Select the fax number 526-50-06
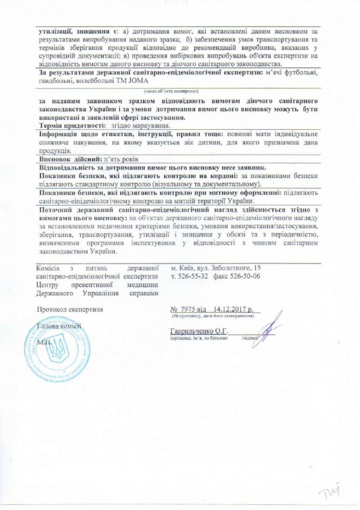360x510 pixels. click(246, 277)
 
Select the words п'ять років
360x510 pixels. click(122, 160)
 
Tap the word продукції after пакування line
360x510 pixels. click(54, 151)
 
